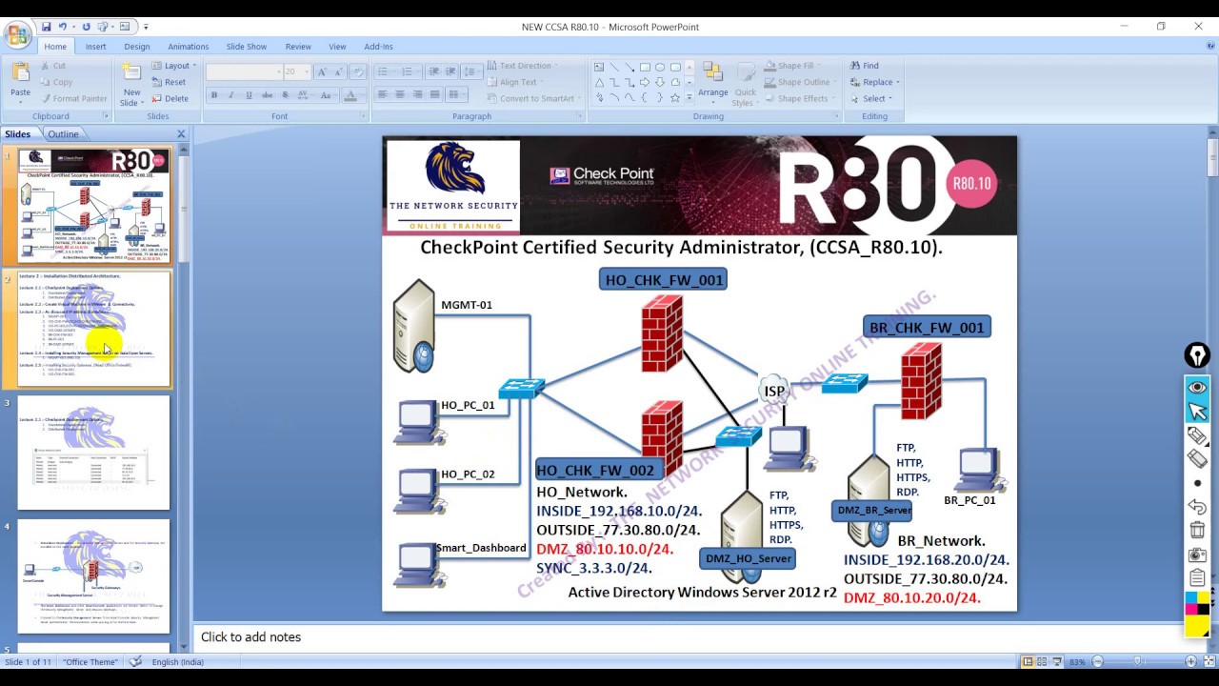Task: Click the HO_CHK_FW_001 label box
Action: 664,279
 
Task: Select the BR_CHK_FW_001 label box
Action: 926,328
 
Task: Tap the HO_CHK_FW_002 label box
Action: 595,470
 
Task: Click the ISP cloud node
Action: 774,391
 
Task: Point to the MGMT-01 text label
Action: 467,305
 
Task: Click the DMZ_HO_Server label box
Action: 749,558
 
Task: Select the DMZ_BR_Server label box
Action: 874,511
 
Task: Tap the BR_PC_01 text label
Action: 969,500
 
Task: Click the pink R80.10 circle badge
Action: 971,183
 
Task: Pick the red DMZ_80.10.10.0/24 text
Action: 605,549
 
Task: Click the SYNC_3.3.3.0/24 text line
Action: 594,568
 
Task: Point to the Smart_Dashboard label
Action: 481,548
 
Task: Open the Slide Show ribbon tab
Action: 247,47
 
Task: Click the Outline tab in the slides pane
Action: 63,134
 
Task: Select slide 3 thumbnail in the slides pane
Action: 93,454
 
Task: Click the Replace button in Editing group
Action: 877,82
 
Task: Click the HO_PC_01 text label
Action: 468,405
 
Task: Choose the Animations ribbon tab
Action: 188,47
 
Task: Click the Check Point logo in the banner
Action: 602,176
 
